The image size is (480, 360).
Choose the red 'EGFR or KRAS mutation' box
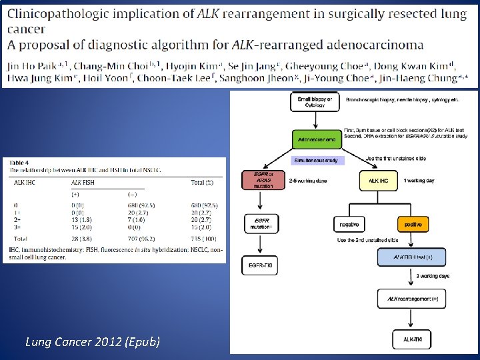coord(263,180)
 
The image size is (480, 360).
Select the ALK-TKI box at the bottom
coord(412,339)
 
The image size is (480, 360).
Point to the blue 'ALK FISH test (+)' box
coord(412,257)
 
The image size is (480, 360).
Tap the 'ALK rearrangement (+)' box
coord(412,299)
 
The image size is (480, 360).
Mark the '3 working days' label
coord(433,275)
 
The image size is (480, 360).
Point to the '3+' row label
coord(17,225)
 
